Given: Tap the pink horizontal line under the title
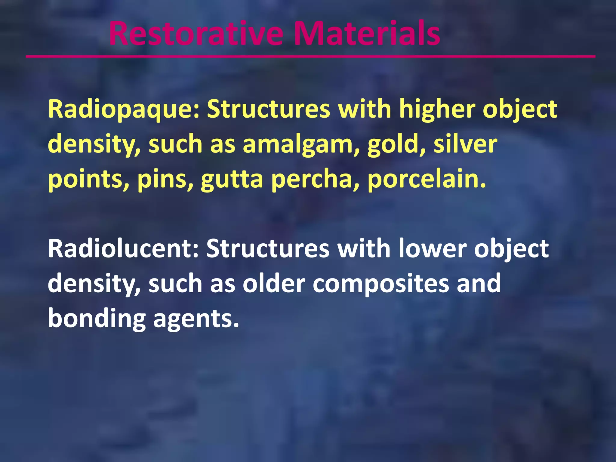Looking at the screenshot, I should point(310,56).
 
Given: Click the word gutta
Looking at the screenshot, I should point(232,180).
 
